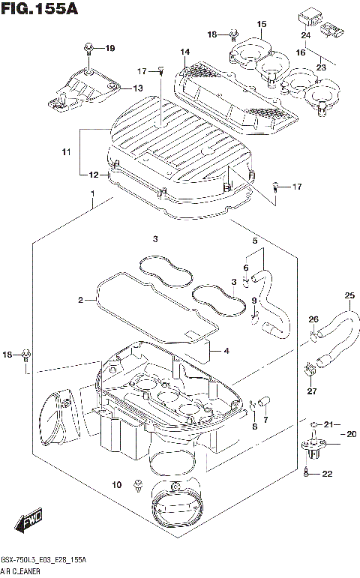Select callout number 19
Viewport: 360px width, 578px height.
(110, 49)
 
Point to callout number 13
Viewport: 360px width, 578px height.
(137, 88)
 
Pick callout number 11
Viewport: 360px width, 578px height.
(67, 152)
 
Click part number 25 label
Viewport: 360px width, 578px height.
(349, 295)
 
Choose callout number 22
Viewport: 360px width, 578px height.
(327, 473)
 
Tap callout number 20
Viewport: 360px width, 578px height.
(350, 433)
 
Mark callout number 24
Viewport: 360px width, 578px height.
(306, 34)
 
